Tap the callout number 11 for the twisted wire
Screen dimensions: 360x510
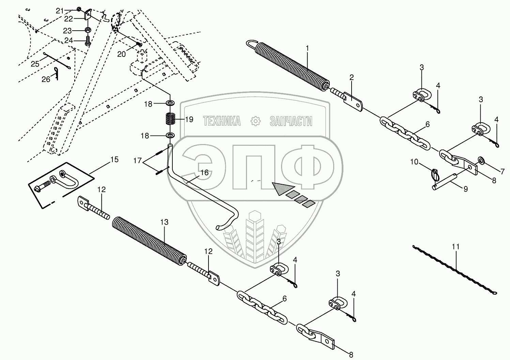click(x=456, y=247)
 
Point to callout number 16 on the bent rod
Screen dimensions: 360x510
click(x=204, y=173)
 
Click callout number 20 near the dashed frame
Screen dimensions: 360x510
click(x=122, y=54)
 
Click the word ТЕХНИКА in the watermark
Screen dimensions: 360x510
click(x=222, y=121)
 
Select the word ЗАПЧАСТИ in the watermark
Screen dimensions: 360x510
click(x=291, y=121)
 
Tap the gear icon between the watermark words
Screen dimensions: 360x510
click(x=255, y=121)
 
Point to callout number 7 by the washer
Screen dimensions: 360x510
click(x=503, y=172)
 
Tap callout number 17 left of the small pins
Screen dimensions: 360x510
click(x=137, y=160)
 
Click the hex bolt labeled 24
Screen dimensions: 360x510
click(x=88, y=42)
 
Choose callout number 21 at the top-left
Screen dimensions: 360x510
click(x=60, y=11)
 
